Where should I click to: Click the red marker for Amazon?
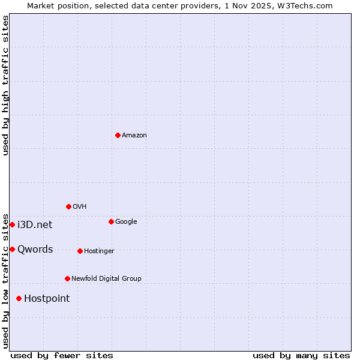(x=118, y=135)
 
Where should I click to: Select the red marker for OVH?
(x=68, y=206)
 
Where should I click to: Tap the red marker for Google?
(x=111, y=221)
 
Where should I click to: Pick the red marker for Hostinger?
(x=80, y=251)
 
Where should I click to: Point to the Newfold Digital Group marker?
(x=67, y=278)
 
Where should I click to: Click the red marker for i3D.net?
(x=12, y=224)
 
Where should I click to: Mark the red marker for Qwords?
(x=12, y=249)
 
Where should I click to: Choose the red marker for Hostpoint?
(x=19, y=298)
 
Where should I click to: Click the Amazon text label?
(x=134, y=136)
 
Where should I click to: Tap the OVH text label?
(x=80, y=207)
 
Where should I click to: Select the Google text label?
(x=126, y=222)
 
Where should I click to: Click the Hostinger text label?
(x=99, y=251)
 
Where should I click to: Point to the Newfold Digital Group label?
(x=106, y=279)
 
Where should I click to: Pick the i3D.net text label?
(x=35, y=225)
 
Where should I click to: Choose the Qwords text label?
(x=35, y=250)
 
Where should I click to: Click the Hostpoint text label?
(x=47, y=299)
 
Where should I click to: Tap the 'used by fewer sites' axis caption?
(x=62, y=355)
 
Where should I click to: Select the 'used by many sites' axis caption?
(x=301, y=355)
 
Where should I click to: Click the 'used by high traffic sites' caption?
(x=5, y=85)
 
